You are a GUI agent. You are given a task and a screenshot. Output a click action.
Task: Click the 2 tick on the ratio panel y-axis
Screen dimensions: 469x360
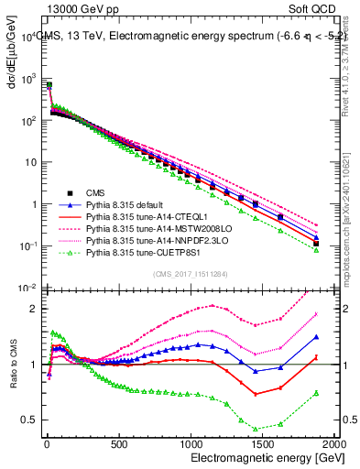(33, 309)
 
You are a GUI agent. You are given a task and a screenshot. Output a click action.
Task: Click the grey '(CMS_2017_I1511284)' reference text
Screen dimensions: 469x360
(188, 272)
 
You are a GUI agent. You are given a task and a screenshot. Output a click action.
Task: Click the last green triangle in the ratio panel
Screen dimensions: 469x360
(315, 393)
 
